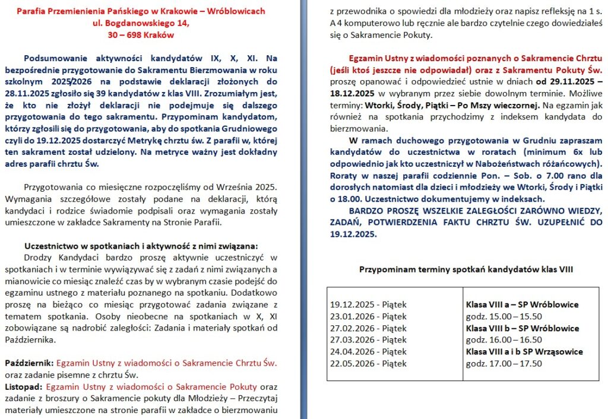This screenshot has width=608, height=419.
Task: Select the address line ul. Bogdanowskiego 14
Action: pos(141,23)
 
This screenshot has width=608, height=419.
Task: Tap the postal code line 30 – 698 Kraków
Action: pos(141,34)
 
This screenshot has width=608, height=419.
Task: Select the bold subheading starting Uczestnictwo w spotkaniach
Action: pos(141,246)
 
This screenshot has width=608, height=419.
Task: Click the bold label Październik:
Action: pos(29,363)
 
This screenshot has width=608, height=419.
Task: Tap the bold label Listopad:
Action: pos(23,386)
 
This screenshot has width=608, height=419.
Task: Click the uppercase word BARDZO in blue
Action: pos(368,211)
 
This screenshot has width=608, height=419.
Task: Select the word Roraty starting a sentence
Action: pos(344,176)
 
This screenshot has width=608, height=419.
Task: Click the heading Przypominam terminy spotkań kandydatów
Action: pos(466,269)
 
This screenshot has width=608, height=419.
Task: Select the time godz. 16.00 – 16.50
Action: pos(503,339)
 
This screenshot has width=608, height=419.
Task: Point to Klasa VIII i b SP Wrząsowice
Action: pos(524,351)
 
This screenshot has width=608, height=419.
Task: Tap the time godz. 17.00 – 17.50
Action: pos(503,363)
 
